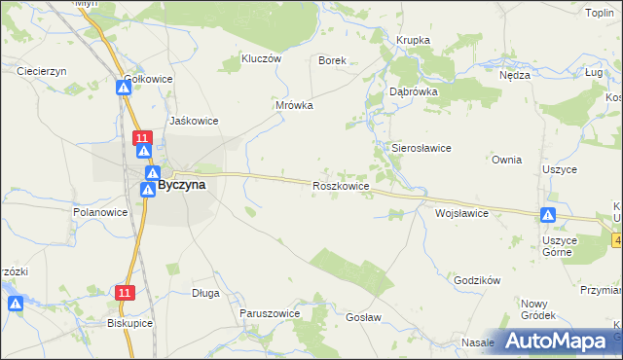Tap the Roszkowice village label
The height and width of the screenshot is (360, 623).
tap(340, 185)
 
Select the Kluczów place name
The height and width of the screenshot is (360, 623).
tap(261, 58)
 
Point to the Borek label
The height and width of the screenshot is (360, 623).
tap(333, 60)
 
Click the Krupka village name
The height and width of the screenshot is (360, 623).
tap(413, 40)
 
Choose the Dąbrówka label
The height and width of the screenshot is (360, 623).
tap(414, 90)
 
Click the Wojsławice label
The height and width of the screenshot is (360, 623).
tap(461, 212)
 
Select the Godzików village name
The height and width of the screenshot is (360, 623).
tap(477, 280)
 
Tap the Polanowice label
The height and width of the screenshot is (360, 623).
tap(101, 211)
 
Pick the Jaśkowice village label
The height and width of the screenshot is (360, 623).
tap(193, 121)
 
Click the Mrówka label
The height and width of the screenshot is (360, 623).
tap(294, 105)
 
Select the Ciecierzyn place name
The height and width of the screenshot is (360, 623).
tap(41, 71)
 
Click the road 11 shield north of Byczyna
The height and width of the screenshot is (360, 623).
tap(142, 137)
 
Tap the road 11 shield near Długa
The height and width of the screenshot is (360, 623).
tap(124, 292)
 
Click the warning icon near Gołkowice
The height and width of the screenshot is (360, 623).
tap(124, 88)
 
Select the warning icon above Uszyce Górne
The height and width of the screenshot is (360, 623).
tap(549, 215)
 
